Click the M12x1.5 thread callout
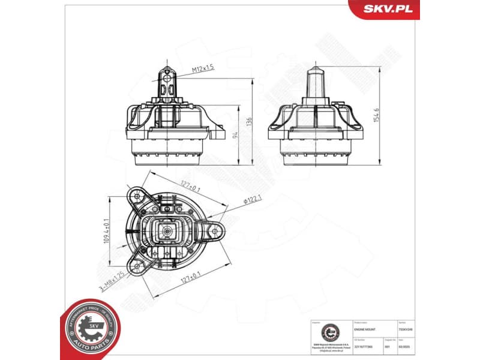point(203,70)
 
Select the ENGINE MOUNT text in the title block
point(365,329)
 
